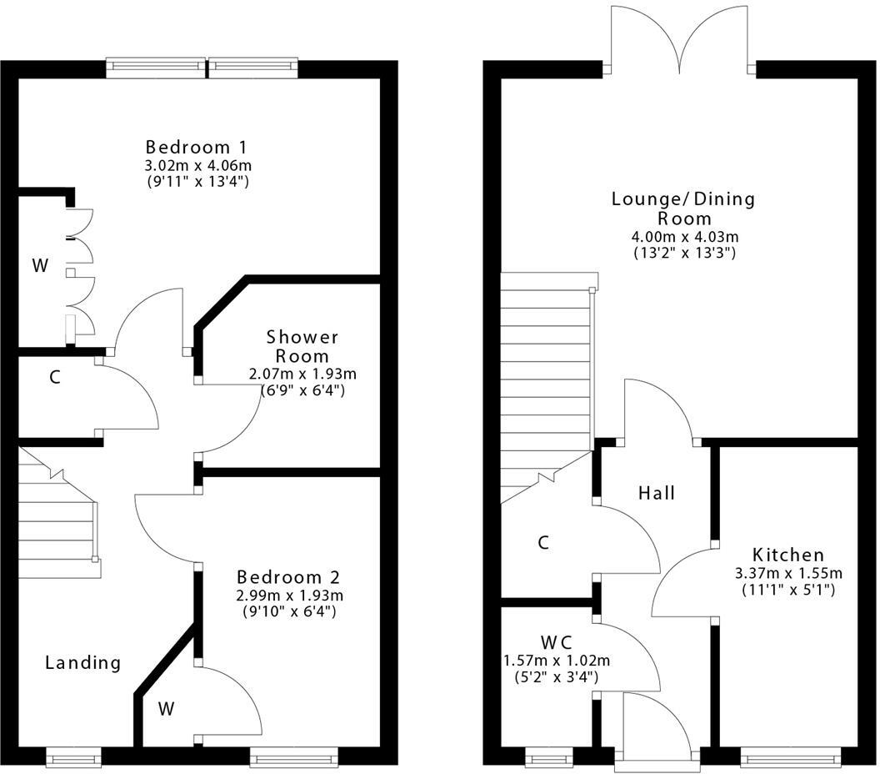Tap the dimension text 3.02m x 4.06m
(x=197, y=164)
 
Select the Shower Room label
(x=302, y=346)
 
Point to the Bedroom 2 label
(x=288, y=577)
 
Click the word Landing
(x=82, y=663)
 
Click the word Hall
(x=656, y=493)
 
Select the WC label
(x=556, y=643)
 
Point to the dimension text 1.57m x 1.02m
(x=556, y=661)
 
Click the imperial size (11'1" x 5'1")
(x=787, y=590)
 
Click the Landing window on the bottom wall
(x=73, y=758)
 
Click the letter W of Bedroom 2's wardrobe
(x=167, y=710)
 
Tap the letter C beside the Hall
(x=543, y=543)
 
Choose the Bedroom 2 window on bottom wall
(x=293, y=758)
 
